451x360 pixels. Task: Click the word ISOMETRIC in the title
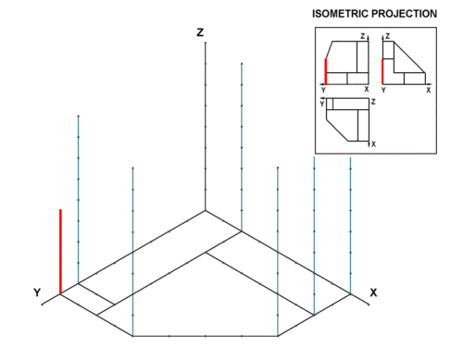(x=340, y=14)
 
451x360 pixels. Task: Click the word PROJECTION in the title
(x=404, y=14)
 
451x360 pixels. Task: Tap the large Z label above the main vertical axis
(x=200, y=32)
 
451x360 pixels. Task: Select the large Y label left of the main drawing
(x=37, y=292)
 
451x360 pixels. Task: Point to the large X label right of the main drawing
(x=373, y=292)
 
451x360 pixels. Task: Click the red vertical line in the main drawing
(x=60, y=252)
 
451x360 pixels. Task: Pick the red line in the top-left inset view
(x=325, y=71)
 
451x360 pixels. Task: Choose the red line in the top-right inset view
(x=382, y=71)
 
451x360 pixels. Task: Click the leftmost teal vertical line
(x=79, y=199)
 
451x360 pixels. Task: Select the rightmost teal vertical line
(x=350, y=225)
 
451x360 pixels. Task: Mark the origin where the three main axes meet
(x=206, y=211)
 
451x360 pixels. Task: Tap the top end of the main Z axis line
(x=206, y=43)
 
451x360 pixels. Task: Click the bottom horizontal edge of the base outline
(x=206, y=336)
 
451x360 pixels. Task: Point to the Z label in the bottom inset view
(x=373, y=102)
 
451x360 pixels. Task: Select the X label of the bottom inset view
(x=373, y=144)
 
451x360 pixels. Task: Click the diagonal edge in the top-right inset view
(x=409, y=57)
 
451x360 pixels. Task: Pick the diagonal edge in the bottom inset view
(x=337, y=130)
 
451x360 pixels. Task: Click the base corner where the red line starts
(x=60, y=294)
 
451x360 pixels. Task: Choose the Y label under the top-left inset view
(x=323, y=90)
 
